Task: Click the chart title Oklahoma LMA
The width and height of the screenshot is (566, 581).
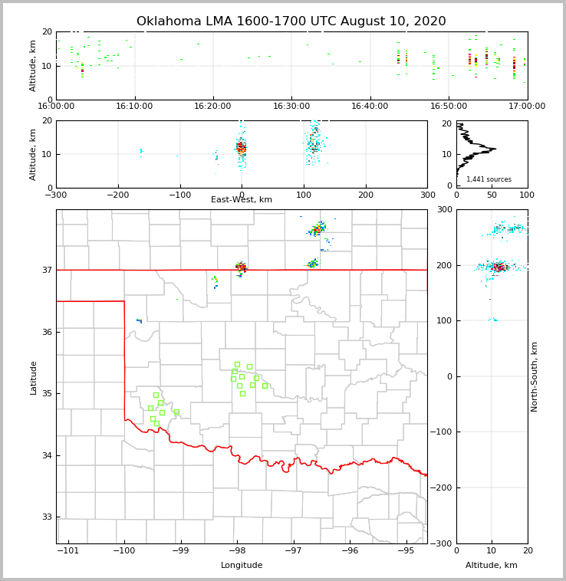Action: [x=291, y=21]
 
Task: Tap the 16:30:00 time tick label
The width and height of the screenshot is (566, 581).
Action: [x=291, y=106]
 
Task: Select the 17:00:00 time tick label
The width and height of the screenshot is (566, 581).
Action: [x=527, y=106]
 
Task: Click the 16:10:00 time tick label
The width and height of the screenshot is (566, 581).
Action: [x=135, y=106]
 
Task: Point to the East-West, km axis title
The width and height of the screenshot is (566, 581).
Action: [x=242, y=200]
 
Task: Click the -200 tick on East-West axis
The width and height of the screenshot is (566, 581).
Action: [x=117, y=195]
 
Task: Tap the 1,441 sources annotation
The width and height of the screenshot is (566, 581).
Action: [x=489, y=179]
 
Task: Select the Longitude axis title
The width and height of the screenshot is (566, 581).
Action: [x=242, y=566]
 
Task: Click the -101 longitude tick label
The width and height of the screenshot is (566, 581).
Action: [x=68, y=550]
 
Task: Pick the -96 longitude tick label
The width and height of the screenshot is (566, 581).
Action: [x=350, y=550]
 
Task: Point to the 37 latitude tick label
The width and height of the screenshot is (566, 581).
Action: [x=46, y=270]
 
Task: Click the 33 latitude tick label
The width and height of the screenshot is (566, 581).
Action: [x=46, y=517]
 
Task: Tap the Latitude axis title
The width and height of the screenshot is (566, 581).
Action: [x=33, y=377]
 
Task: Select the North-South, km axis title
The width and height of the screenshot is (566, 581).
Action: [x=535, y=376]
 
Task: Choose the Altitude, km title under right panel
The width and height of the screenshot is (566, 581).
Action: [x=492, y=566]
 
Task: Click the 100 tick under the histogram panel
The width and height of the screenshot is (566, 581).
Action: [x=527, y=195]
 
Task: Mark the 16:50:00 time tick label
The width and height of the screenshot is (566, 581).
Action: [x=449, y=106]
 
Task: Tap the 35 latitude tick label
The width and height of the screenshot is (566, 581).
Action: [x=46, y=393]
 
